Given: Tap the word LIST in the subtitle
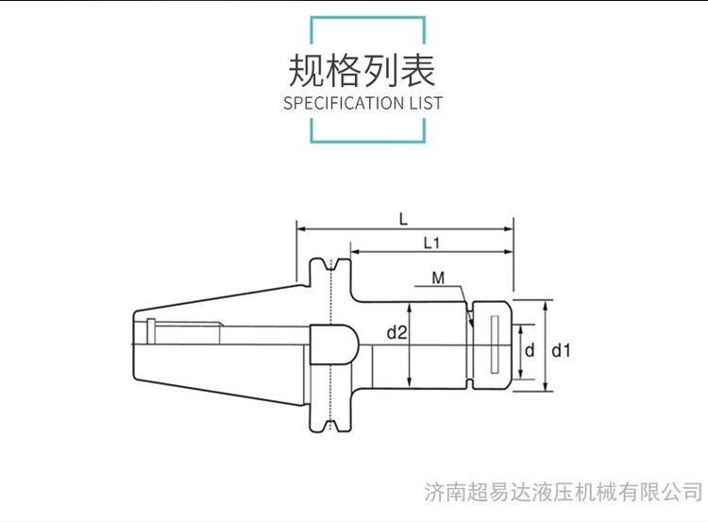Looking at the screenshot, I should point(425,103).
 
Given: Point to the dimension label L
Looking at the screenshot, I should point(403,219).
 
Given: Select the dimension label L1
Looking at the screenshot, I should point(432,244).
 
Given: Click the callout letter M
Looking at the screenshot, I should point(438,278).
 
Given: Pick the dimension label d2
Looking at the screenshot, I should point(396,332).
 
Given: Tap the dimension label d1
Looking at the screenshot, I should point(562,350).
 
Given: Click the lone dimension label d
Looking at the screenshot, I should point(530,350).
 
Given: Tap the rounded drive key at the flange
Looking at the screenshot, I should point(334,345).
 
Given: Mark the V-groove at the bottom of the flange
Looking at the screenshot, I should point(331,427).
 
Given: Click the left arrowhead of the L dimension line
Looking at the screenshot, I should point(300,227).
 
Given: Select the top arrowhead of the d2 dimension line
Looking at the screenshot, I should point(409,306).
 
